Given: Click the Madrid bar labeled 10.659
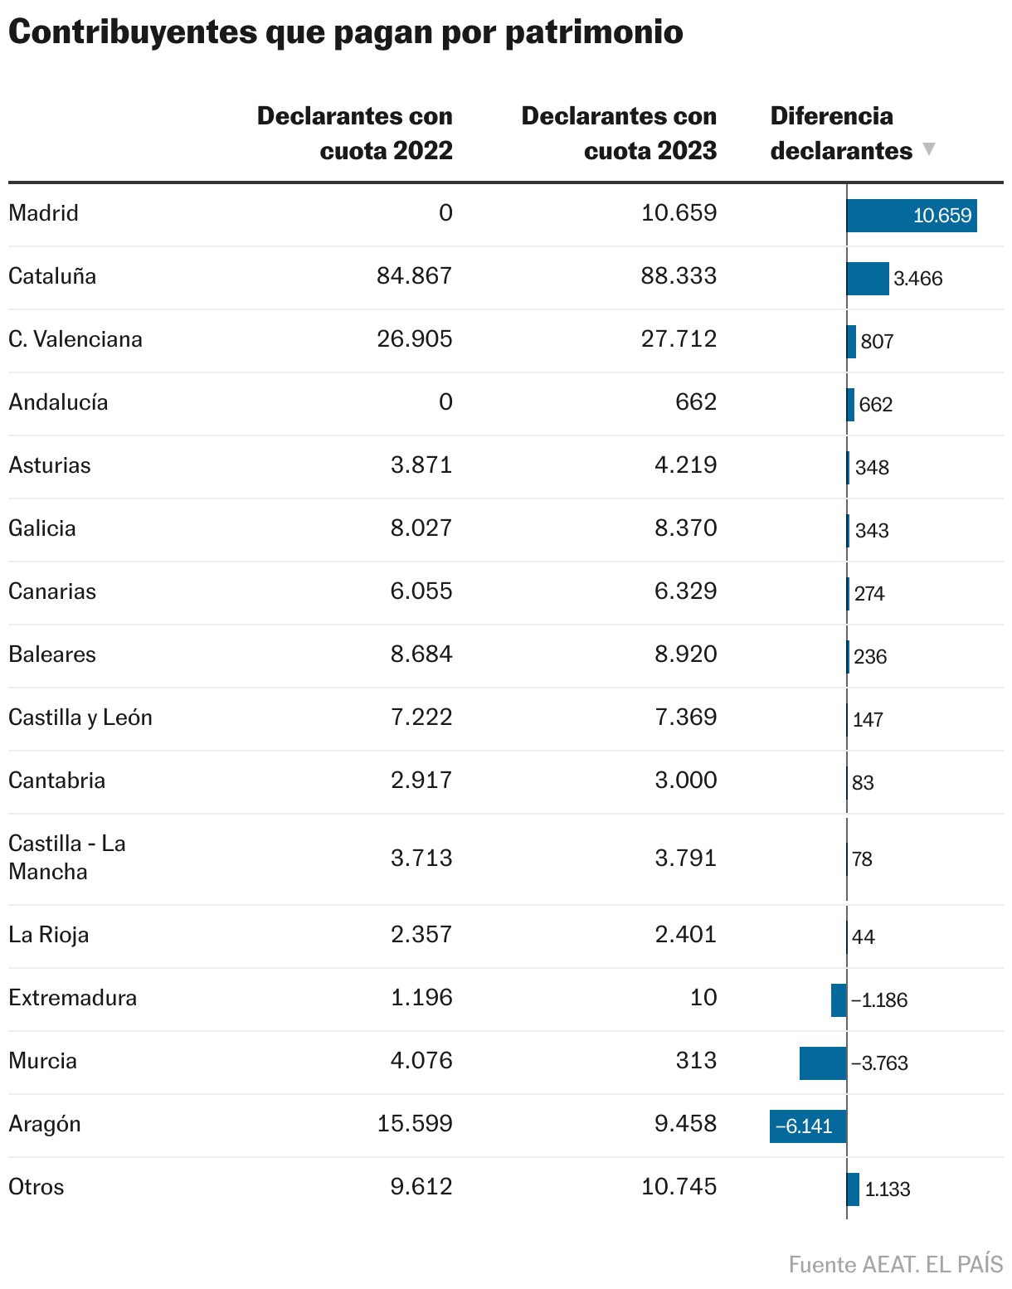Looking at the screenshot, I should pos(911,216).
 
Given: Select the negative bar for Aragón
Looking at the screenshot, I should pos(807,1126).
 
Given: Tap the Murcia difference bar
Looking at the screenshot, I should pos(822,1063).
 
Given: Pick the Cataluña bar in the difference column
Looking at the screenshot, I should pos(867,278).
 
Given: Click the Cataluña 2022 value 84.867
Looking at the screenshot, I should pos(414,275).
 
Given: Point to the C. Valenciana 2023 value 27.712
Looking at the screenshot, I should pos(679,338).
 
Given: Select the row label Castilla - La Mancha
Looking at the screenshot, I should pos(66,857).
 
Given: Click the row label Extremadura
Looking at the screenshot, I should pos(72,997).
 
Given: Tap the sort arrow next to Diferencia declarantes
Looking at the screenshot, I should pos(929,149).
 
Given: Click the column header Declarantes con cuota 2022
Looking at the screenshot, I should pos(355,133).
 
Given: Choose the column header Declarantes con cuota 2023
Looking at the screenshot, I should pos(619,133).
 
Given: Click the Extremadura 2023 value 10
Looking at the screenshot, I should pos(703,997).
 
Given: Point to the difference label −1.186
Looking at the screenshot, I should pos(879,1000).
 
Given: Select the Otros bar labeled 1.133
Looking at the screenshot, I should pos(853,1189).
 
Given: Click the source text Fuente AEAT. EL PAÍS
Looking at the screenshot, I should pos(895,1264).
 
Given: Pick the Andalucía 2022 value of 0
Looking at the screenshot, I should pos(445,401).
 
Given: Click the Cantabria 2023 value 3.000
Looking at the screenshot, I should pos(685,780).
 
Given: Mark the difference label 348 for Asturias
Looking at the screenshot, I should pos(872,467).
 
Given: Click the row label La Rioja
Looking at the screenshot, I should pos(48,934).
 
